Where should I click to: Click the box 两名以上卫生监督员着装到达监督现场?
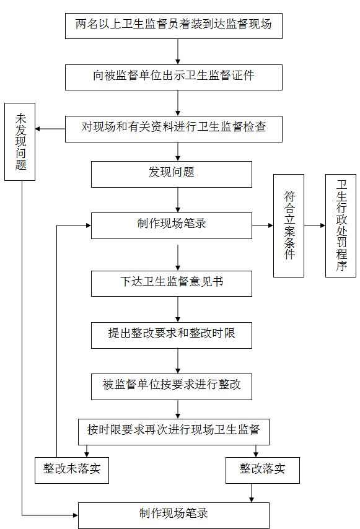(x=173, y=26)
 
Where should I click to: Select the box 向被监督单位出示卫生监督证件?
(x=173, y=77)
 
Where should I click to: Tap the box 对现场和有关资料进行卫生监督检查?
(x=173, y=129)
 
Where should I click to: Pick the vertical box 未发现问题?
(x=20, y=142)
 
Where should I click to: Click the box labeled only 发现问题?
(x=172, y=174)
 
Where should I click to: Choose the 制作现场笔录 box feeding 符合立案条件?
(x=172, y=225)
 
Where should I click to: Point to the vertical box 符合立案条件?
(x=289, y=225)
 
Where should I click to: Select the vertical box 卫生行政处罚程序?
(x=340, y=225)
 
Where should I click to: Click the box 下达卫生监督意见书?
(x=172, y=284)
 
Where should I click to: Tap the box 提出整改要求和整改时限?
(x=172, y=335)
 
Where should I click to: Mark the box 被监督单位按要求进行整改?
(x=172, y=387)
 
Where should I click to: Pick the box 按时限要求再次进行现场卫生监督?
(x=173, y=432)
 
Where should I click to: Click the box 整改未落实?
(x=72, y=470)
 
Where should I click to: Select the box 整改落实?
(x=263, y=470)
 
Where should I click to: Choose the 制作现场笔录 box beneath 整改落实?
(x=173, y=515)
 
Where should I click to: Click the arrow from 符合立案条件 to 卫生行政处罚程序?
(x=314, y=225)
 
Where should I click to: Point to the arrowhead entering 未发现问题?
(x=37, y=129)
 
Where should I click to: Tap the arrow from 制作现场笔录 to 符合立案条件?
(x=263, y=225)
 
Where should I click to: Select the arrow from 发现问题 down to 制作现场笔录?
(x=178, y=199)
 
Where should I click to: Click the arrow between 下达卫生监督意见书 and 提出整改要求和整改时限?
(x=178, y=309)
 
